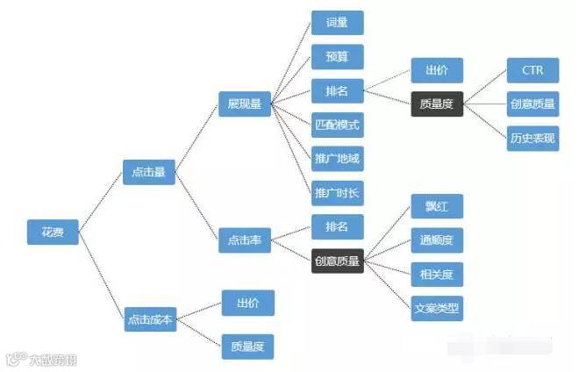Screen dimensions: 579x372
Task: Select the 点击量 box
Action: click(x=148, y=173)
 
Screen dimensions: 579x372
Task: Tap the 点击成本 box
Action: click(x=151, y=319)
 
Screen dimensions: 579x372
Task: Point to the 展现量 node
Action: click(x=245, y=104)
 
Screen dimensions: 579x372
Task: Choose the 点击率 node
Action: click(x=245, y=239)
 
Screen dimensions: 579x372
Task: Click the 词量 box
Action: click(x=337, y=23)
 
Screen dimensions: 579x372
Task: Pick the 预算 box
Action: click(x=337, y=57)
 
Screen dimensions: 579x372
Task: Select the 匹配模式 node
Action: click(x=337, y=125)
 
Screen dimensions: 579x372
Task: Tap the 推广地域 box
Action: click(x=337, y=159)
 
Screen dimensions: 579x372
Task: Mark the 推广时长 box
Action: click(x=337, y=192)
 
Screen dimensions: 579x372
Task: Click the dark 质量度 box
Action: click(x=437, y=104)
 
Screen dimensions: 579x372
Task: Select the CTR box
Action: click(x=533, y=70)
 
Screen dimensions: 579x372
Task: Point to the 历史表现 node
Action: click(x=533, y=138)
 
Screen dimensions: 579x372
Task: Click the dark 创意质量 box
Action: click(x=337, y=260)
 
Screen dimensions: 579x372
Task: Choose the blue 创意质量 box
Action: click(x=533, y=104)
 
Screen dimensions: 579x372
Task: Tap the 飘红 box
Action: click(x=437, y=206)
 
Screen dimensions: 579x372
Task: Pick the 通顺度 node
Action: click(x=437, y=240)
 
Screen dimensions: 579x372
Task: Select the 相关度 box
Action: click(x=437, y=274)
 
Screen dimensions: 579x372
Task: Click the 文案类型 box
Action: click(x=437, y=308)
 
